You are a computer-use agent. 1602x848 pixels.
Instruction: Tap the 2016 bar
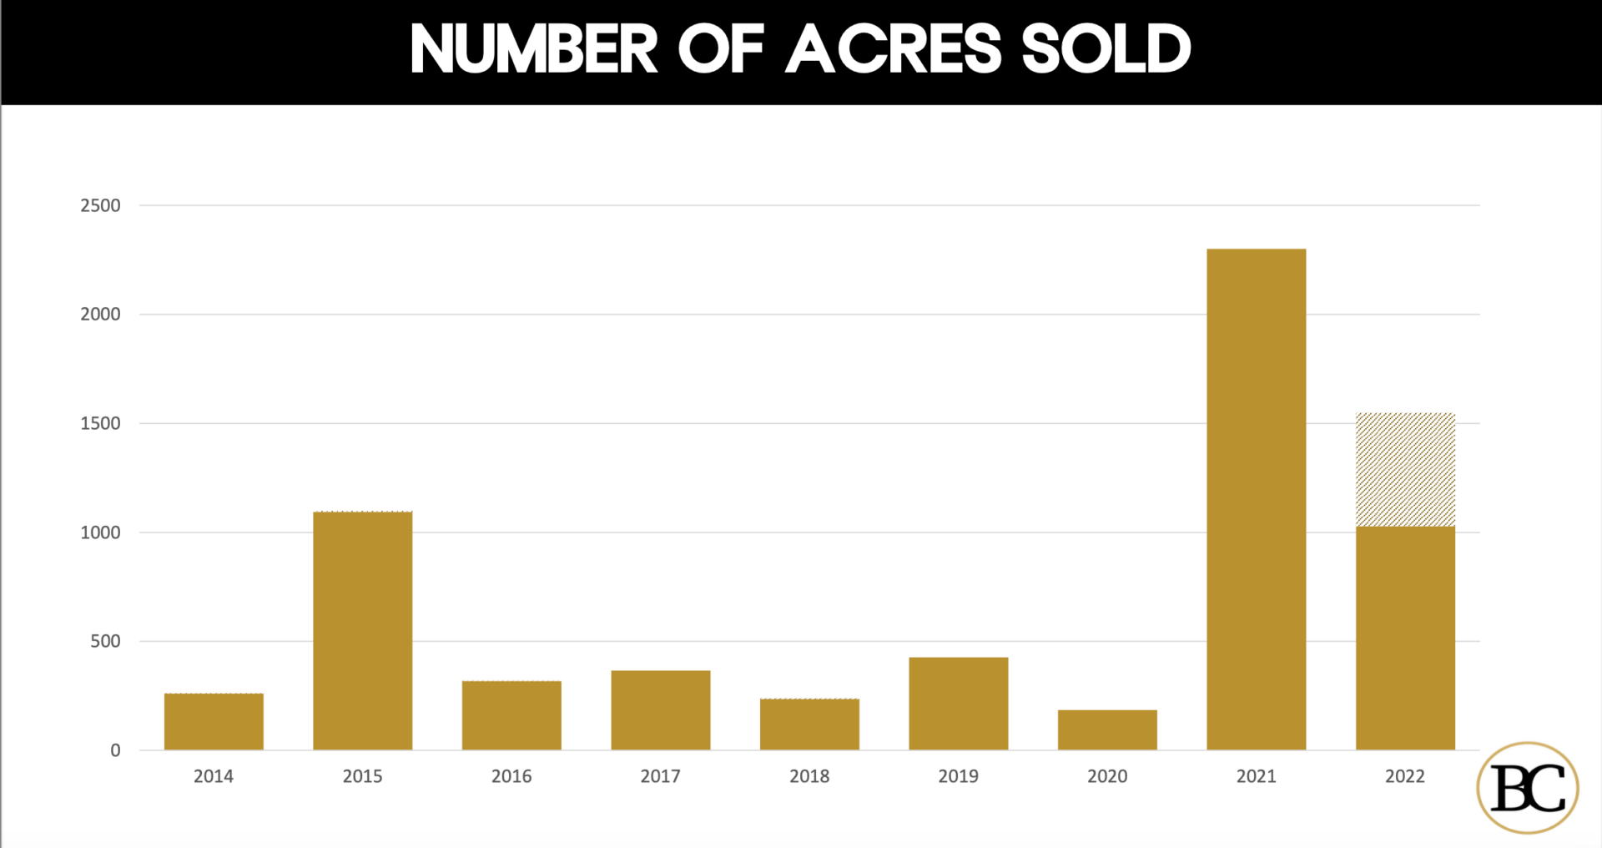511,715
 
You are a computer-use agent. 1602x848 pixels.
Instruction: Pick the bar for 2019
958,704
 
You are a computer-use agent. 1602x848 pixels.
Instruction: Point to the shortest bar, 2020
1107,729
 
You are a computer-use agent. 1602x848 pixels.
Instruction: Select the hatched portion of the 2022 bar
1405,469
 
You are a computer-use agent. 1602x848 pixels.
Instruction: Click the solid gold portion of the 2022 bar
1405,638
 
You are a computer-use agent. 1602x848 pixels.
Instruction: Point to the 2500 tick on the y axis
100,205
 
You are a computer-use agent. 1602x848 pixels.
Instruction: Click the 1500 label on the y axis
100,423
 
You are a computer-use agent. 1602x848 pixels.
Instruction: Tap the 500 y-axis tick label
105,641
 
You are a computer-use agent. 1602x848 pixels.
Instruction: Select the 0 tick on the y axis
115,750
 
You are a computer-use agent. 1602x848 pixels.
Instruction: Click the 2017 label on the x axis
660,776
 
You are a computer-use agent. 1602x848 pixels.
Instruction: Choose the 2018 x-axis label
809,776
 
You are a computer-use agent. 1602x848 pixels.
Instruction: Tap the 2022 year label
1405,776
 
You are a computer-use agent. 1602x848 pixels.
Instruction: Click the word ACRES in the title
894,49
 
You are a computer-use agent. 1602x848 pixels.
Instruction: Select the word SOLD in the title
1106,49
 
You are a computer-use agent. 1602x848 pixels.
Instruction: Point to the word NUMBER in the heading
534,49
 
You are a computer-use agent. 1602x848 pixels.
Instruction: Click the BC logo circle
1528,787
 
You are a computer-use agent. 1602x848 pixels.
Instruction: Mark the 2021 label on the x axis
1256,776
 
